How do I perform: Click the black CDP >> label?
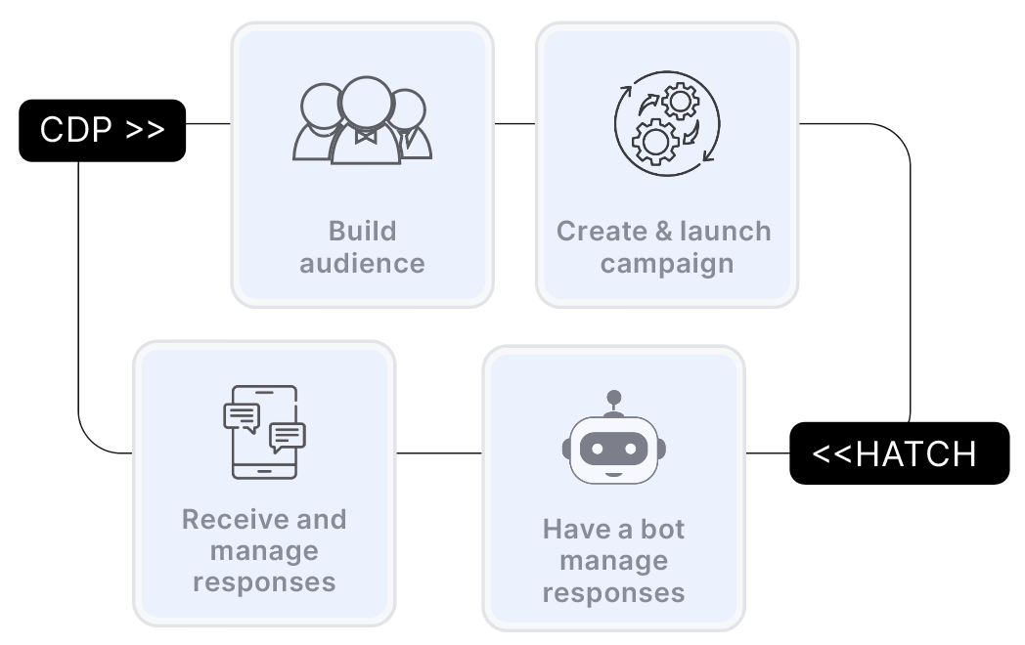coord(102,130)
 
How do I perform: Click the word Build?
coord(362,232)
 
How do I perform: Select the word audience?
coord(362,263)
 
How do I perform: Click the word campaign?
coord(666,263)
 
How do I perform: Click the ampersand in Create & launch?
coord(663,232)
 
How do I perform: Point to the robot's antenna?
coord(613,402)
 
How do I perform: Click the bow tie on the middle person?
coord(366,137)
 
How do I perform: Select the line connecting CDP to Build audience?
coord(208,124)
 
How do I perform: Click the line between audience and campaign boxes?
coord(514,124)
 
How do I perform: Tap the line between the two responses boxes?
coord(438,453)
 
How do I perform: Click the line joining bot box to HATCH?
coord(768,453)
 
